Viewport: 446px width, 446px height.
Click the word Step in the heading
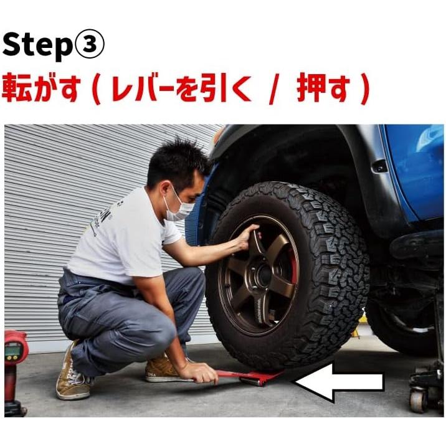click(x=37, y=45)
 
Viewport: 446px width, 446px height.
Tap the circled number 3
click(x=89, y=45)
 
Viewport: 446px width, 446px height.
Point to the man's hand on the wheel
click(x=247, y=235)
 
